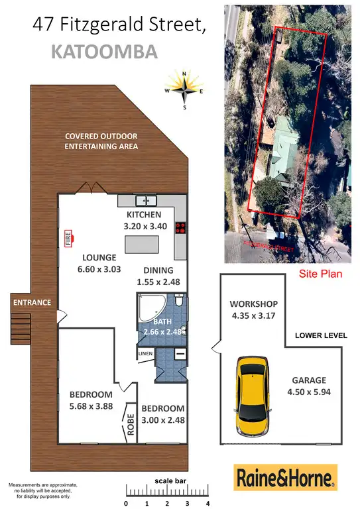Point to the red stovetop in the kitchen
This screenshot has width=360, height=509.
point(180,228)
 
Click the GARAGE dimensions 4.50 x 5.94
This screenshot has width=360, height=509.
point(309,392)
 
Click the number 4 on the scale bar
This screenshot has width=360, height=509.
point(208,504)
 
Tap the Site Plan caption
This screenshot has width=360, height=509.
point(321,273)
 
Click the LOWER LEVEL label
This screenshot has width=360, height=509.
point(321,335)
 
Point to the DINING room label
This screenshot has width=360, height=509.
point(157,270)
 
